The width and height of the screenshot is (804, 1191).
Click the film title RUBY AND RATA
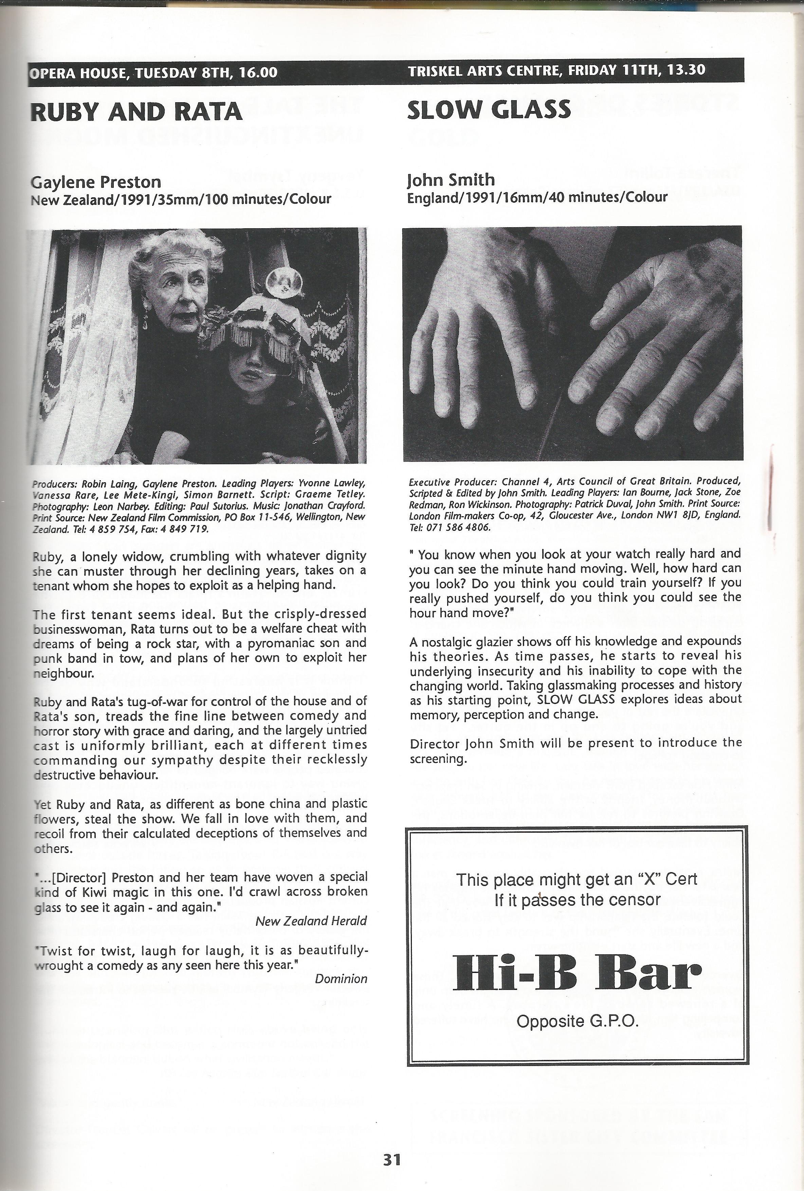click(136, 112)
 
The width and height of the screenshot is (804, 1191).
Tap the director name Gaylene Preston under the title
click(96, 182)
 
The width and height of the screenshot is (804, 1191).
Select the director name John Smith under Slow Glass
click(451, 180)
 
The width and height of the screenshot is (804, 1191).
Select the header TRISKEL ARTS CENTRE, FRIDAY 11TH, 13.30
click(556, 70)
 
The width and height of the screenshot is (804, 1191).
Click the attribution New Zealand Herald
click(311, 921)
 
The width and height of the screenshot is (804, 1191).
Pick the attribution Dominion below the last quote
click(341, 979)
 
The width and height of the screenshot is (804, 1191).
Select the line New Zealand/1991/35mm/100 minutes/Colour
click(181, 199)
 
